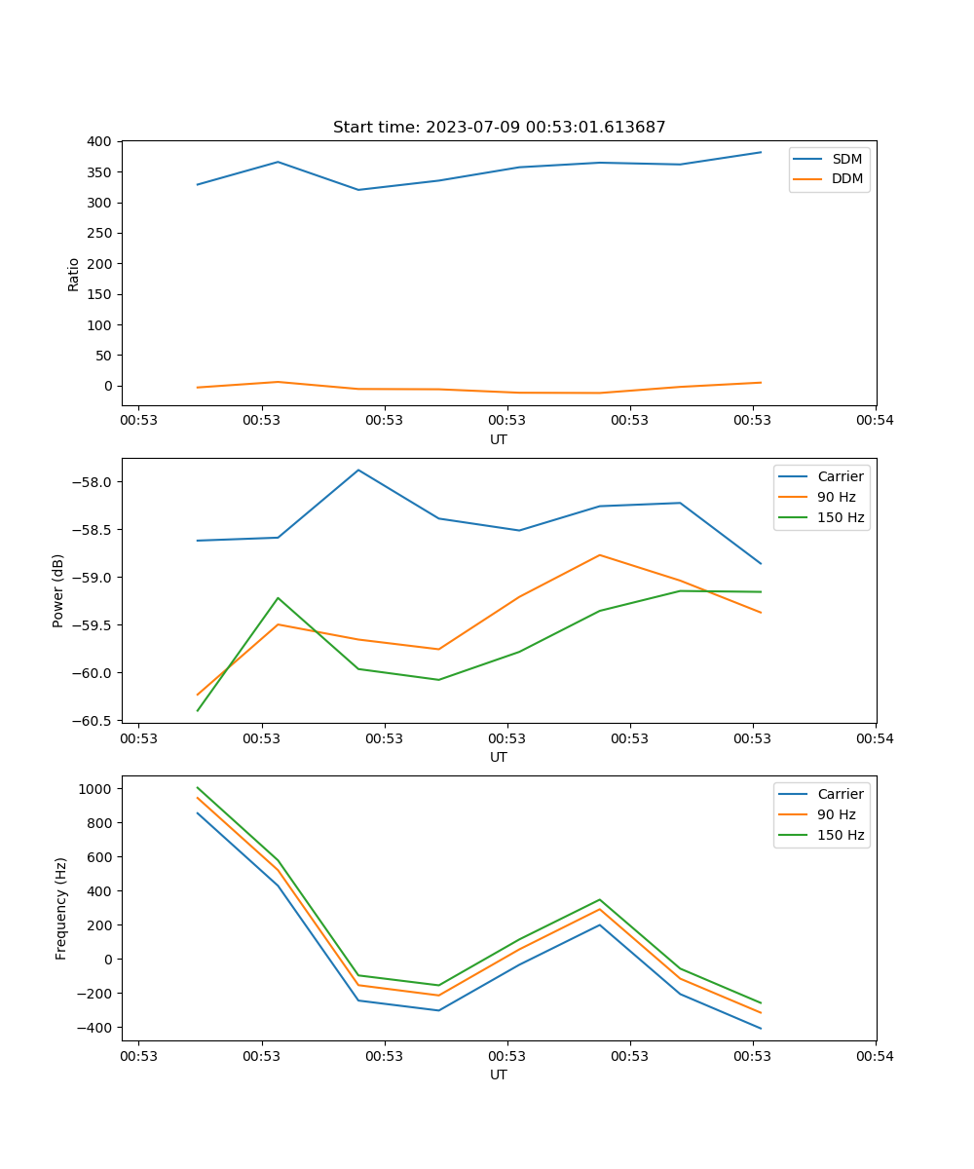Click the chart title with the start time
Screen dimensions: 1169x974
499,128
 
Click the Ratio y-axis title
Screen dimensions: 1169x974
74,274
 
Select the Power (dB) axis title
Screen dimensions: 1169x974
58,590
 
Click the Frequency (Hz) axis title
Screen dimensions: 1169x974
61,908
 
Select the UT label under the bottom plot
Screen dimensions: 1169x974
499,1075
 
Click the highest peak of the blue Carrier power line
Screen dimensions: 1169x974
358,470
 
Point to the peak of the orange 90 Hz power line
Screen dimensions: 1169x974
600,555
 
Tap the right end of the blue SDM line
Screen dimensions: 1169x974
761,152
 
